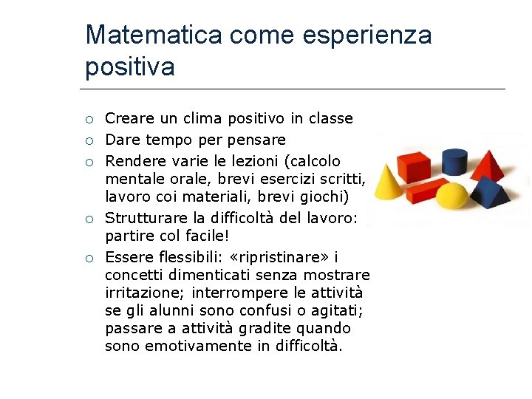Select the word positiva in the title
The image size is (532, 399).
(x=130, y=66)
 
